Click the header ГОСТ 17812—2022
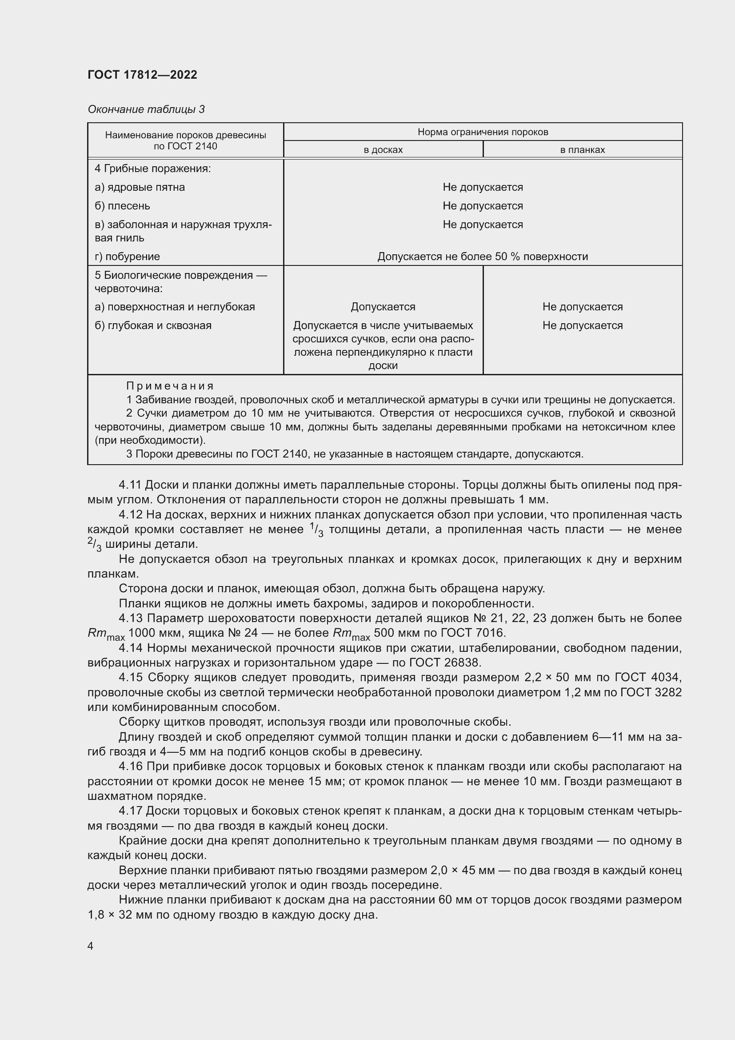click(142, 75)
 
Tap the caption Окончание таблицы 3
click(146, 109)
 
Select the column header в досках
click(383, 150)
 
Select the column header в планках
click(582, 150)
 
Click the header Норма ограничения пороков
click(483, 132)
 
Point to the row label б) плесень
click(122, 206)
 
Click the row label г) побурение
click(127, 257)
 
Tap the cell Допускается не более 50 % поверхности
click(483, 257)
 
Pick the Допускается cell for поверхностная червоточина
click(383, 307)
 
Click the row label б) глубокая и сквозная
click(153, 325)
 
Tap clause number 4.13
click(130, 618)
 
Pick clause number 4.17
click(130, 811)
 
